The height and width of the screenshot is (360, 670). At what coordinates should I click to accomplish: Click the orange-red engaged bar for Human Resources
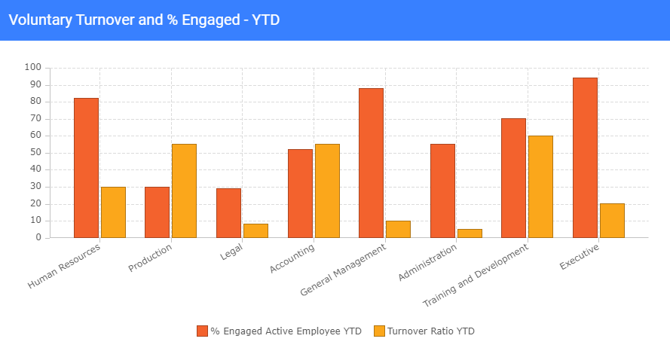coord(86,168)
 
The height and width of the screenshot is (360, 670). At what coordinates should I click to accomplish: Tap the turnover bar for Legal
coord(255,230)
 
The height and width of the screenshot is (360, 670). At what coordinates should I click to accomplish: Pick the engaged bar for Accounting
coord(300,194)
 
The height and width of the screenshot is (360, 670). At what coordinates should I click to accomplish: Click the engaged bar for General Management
coord(371,163)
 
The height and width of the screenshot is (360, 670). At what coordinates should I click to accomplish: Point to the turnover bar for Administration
coord(470,233)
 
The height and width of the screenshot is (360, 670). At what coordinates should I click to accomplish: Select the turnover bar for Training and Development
coord(540,187)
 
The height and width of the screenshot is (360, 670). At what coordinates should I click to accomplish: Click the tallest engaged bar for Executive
coord(585,157)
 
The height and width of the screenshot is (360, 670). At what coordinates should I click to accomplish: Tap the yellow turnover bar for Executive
coord(612,221)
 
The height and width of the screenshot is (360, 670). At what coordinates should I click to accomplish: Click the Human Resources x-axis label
coord(65,264)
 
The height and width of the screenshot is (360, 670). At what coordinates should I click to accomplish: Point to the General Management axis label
coord(343,269)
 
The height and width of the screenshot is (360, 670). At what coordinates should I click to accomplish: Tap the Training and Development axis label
coord(476,274)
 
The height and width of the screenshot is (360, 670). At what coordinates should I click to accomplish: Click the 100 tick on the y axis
coord(32,68)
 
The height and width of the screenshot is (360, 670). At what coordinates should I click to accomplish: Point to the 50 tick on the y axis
coord(35,153)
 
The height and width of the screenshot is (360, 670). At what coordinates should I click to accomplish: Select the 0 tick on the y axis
coord(38,238)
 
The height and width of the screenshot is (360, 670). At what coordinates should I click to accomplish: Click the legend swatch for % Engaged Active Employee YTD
coord(202,331)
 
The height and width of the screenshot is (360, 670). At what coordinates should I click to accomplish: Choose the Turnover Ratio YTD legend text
coord(431,331)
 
